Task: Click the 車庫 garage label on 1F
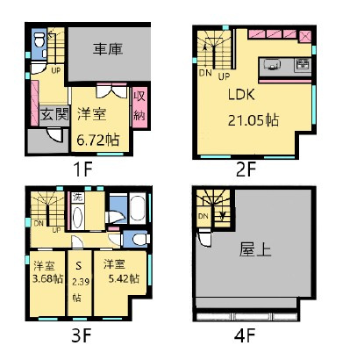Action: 109,50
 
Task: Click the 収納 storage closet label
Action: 139,105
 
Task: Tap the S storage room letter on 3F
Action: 78,264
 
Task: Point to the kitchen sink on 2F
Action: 270,63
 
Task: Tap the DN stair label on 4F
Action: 203,216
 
